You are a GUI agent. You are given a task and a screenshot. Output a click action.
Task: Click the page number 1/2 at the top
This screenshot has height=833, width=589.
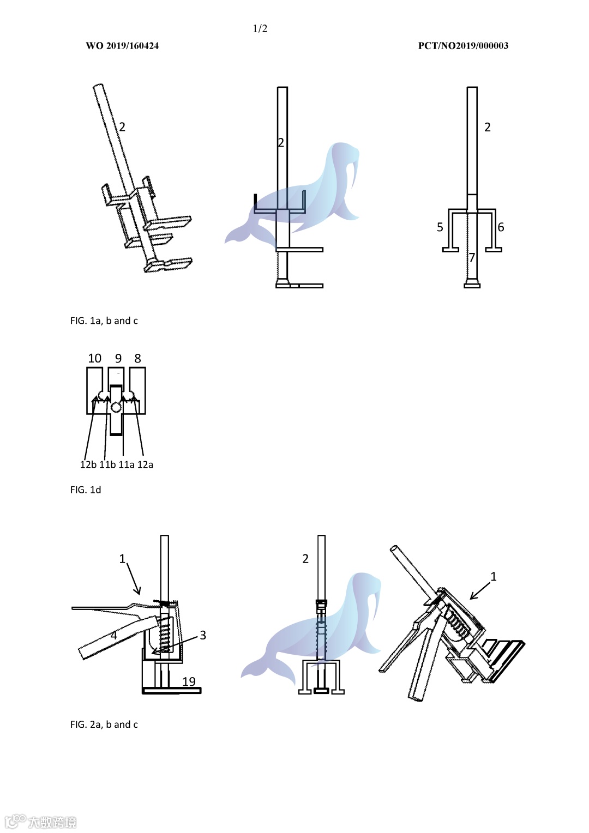coord(260,29)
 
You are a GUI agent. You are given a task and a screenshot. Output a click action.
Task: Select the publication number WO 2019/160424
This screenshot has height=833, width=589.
coord(122,46)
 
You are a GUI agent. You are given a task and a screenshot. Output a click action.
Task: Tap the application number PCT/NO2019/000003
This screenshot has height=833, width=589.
coord(463,46)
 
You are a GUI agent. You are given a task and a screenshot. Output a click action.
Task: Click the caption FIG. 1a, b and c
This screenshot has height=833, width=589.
coord(104,321)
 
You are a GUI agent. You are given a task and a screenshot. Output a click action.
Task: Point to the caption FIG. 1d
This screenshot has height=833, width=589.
coord(86,490)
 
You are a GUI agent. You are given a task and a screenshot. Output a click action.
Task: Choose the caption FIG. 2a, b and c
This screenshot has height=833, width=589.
coord(104,725)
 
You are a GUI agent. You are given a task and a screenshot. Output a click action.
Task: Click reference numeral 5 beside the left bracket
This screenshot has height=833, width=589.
coord(440,227)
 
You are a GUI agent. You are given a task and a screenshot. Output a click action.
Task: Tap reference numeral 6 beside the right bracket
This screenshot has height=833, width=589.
coord(501,227)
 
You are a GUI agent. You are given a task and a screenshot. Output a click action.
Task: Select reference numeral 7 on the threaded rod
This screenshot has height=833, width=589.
coord(472,257)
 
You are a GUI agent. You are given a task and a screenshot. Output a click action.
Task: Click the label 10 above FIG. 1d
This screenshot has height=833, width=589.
coord(94,358)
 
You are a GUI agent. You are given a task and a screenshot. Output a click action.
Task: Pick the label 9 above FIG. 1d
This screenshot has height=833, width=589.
coord(118,358)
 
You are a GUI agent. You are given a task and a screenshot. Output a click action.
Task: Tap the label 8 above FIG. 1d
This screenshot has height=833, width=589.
coord(137,358)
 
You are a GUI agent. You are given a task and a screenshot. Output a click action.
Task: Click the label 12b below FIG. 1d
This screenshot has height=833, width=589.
coord(88,464)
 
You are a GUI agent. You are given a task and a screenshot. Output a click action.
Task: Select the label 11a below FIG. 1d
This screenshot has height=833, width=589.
coord(127,464)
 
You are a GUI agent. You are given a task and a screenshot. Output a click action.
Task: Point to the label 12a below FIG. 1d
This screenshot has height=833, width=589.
coord(145,464)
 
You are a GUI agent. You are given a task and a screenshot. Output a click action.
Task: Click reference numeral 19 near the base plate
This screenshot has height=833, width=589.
coord(189,681)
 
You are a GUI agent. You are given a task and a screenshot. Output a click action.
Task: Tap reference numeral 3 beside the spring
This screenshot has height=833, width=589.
coord(203,635)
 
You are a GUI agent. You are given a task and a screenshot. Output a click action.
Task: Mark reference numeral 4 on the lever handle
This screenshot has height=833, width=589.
coord(114,636)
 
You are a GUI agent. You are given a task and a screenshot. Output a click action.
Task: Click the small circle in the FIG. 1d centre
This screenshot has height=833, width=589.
coord(116,408)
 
